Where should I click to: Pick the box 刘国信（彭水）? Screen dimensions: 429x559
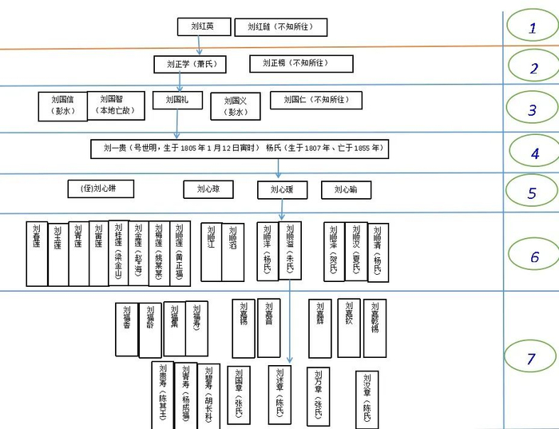[x=62, y=105]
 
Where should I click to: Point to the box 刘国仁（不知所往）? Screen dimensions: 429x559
[x=315, y=101]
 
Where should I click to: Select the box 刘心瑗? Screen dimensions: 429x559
[x=282, y=190]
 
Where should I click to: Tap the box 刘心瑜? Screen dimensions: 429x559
[x=346, y=190]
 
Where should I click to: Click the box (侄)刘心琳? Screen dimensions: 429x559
[x=101, y=189]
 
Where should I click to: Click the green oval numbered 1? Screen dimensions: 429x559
[x=532, y=28]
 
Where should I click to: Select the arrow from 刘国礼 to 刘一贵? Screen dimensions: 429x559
[x=177, y=124]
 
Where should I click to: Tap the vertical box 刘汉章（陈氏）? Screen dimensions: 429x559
[x=367, y=399]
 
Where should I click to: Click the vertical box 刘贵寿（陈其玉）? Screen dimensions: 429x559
[x=162, y=395]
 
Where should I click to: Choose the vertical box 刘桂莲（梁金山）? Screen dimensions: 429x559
[x=118, y=252]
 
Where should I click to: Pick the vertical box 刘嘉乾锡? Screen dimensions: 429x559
[x=375, y=328]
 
